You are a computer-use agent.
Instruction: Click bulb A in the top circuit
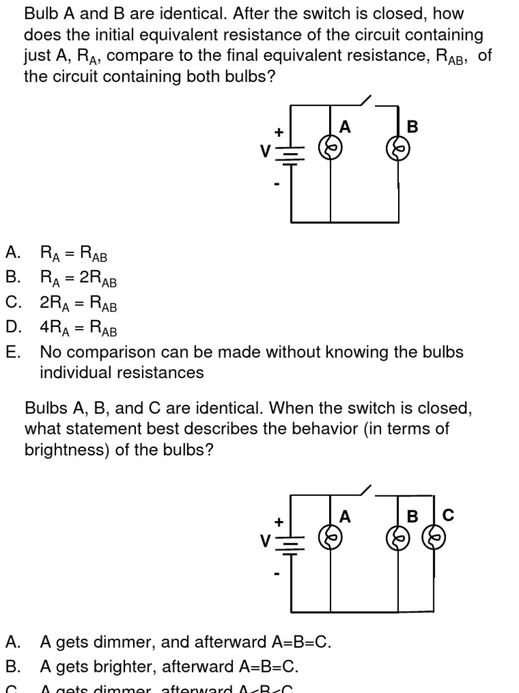pos(330,149)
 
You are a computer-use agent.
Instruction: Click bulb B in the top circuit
pos(398,149)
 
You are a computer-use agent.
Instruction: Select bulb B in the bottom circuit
pos(398,539)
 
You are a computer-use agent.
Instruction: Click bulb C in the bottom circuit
pos(433,539)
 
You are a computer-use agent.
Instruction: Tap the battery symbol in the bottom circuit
pos(291,543)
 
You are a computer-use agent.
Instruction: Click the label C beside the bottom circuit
pos(448,516)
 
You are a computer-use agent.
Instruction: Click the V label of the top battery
pos(266,151)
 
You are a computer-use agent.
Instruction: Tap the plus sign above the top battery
pos(277,133)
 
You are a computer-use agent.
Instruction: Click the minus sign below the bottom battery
pos(276,574)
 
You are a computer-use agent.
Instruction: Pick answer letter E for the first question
pos(13,352)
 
